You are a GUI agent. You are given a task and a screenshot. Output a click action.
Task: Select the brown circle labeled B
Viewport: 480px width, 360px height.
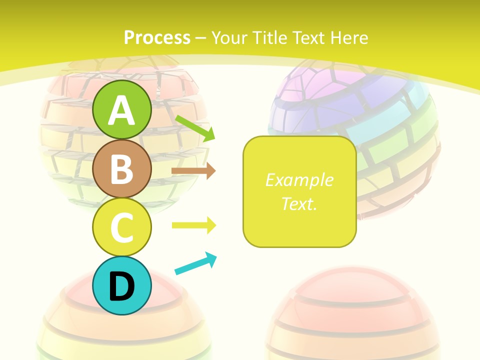pos(122,168)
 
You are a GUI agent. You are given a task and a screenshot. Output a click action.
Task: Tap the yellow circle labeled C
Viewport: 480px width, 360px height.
pos(122,226)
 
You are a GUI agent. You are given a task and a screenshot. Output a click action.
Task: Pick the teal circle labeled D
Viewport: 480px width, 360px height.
pos(122,285)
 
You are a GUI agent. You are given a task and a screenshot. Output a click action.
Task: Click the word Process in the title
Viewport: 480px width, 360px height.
pos(157,37)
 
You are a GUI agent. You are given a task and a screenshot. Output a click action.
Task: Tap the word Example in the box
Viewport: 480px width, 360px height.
pos(299,180)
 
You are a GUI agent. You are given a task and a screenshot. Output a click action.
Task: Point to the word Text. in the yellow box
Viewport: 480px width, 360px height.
pos(299,203)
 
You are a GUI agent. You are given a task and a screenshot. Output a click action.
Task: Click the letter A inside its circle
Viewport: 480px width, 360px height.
pos(122,110)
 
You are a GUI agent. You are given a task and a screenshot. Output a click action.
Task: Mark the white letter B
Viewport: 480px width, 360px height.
pos(122,169)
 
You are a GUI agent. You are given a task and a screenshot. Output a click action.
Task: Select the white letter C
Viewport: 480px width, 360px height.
pos(122,227)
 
